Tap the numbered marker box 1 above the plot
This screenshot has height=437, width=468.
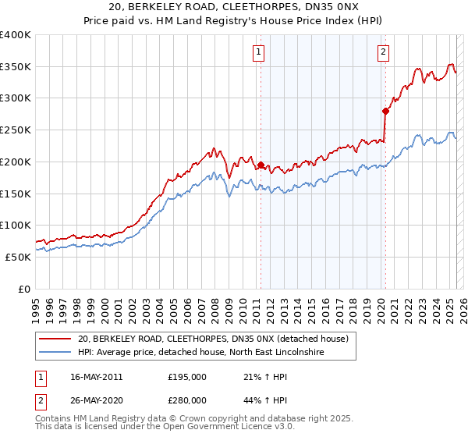point(258,52)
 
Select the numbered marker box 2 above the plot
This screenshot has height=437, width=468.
point(384,52)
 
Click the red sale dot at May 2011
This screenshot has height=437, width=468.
point(261,165)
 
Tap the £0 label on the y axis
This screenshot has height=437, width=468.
point(25,289)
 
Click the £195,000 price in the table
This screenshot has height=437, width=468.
point(186,377)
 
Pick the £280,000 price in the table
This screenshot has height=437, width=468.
point(186,400)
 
